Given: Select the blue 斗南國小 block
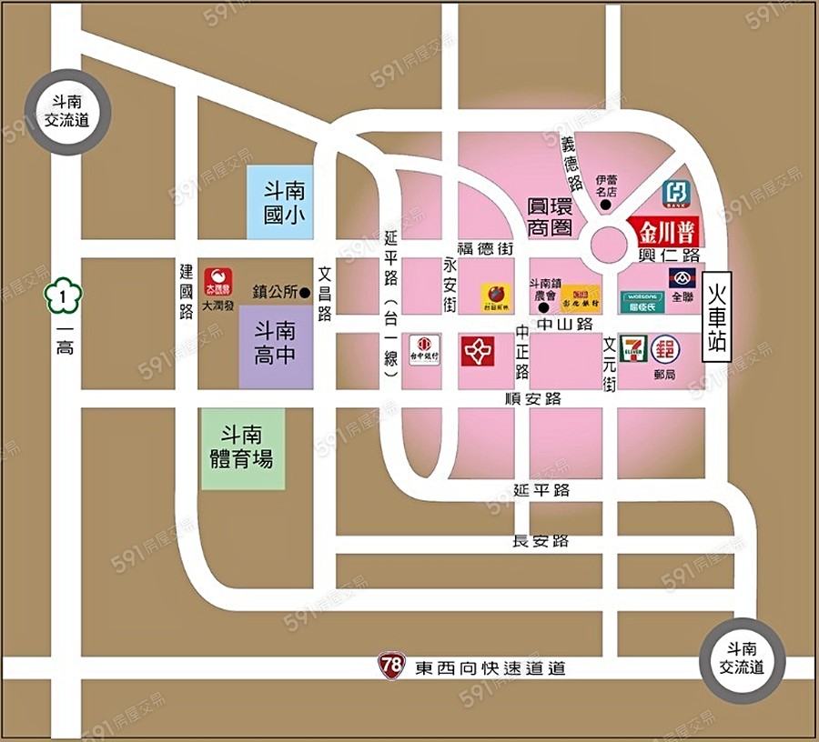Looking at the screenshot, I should (282, 203).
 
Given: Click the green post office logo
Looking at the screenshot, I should (664, 349).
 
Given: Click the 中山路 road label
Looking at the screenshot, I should (565, 323).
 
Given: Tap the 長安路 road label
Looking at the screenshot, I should (541, 541).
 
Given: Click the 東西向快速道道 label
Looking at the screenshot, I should (490, 668).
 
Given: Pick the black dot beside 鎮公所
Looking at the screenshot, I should (306, 293).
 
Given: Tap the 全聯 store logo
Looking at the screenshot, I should (682, 277).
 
